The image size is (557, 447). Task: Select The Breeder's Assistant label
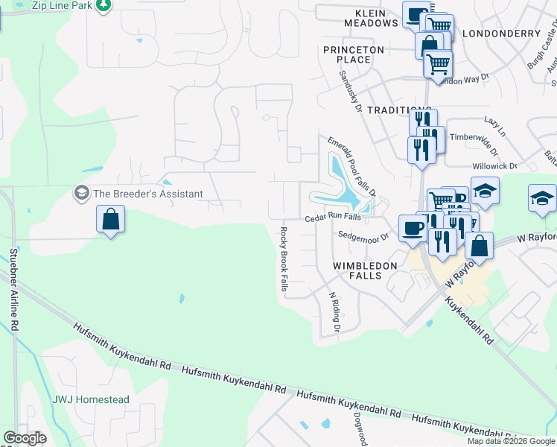[147, 194]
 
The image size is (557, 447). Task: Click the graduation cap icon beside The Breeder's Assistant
[81, 194]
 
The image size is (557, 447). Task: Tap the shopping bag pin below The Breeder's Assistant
[110, 221]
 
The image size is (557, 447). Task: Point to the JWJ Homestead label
[90, 400]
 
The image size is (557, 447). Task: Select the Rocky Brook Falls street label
[284, 260]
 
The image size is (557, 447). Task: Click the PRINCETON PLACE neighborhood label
[353, 54]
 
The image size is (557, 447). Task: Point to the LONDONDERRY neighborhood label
[500, 34]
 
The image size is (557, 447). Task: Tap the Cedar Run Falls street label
[333, 218]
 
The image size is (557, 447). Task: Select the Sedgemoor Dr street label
[364, 235]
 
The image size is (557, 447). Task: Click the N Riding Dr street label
[335, 311]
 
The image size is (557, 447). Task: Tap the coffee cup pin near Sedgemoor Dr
[412, 228]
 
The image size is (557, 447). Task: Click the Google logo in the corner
[25, 438]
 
